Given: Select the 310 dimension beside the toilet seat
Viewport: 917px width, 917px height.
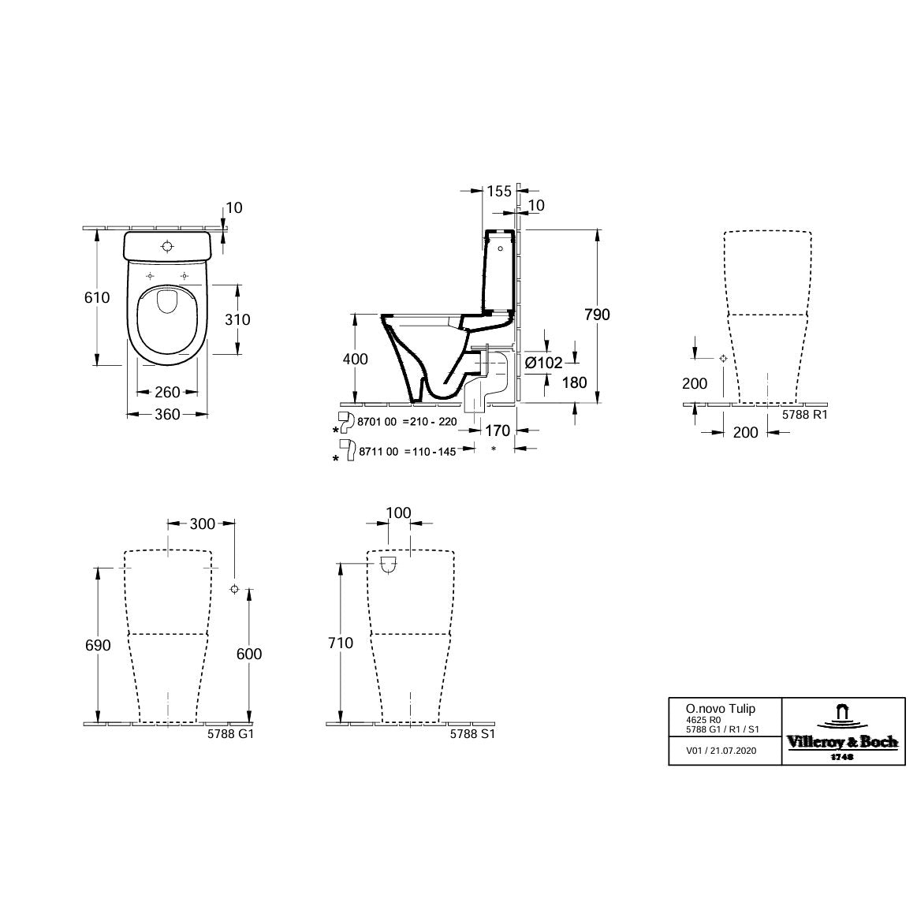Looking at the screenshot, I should (237, 319).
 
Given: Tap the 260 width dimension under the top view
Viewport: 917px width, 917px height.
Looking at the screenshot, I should (167, 392).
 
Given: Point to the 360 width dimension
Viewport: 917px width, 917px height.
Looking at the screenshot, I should (167, 414).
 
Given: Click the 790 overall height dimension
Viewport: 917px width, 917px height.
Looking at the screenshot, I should (597, 315).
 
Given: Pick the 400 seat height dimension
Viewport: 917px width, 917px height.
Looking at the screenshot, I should (356, 359).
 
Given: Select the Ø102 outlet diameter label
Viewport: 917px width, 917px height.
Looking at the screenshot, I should (543, 363).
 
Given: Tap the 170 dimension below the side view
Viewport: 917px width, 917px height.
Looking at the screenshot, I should (498, 430).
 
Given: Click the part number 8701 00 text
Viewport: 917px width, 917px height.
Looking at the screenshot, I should (378, 422).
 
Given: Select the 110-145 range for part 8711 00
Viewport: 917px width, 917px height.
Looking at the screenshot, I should (431, 452).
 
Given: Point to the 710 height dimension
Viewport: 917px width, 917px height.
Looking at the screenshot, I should (341, 643).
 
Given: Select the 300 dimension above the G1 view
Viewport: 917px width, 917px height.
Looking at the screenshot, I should (202, 524).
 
